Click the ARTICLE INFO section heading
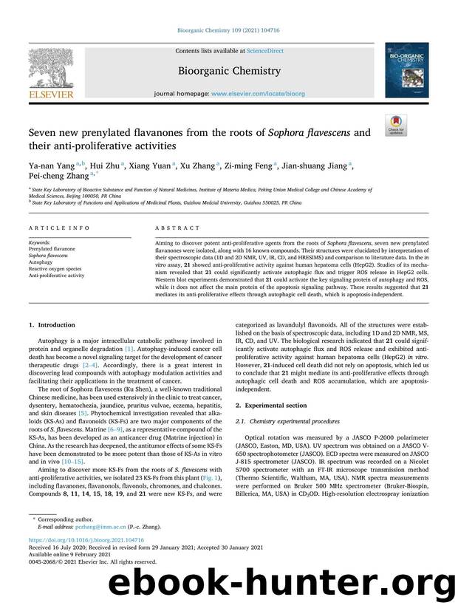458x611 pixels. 51,228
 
